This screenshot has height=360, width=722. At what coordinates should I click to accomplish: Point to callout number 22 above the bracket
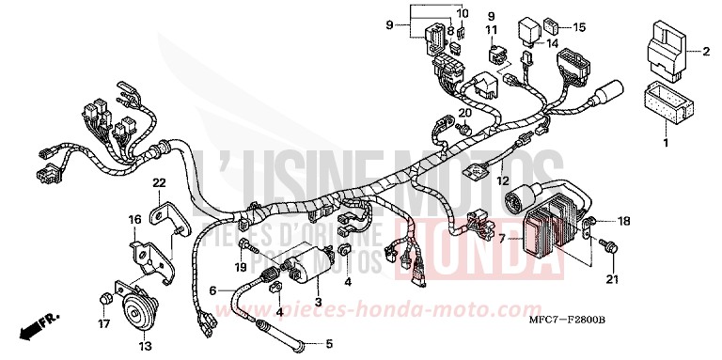pyautogui.click(x=159, y=182)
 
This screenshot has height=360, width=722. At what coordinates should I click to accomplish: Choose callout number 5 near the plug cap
pyautogui.click(x=328, y=343)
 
